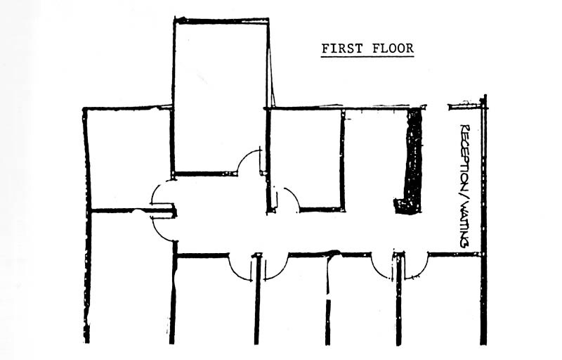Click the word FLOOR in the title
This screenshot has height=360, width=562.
coord(393,48)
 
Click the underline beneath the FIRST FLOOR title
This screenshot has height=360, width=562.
coord(367,56)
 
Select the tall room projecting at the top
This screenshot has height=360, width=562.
coord(221,97)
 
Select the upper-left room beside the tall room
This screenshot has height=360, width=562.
coord(130,157)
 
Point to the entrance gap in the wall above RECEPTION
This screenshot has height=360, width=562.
coord(437,106)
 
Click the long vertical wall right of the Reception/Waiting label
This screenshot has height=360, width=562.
coord(484,219)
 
